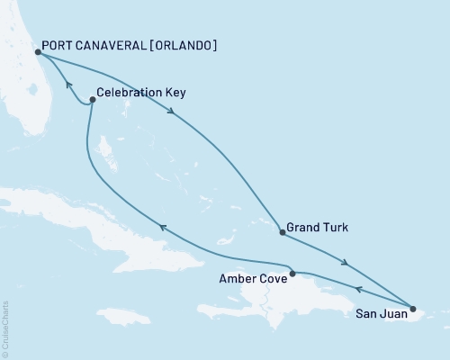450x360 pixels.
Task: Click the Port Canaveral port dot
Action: coord(38,52)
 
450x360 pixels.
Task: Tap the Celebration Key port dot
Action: coord(93,101)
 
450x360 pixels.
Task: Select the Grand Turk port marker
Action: coord(283,232)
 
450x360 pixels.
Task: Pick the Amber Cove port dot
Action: coord(292,272)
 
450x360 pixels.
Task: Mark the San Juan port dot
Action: coord(413,310)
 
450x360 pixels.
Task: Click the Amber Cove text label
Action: coord(253,280)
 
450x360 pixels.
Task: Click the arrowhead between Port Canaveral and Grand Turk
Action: coord(171,112)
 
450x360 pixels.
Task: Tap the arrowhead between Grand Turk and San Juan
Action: coord(346,263)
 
